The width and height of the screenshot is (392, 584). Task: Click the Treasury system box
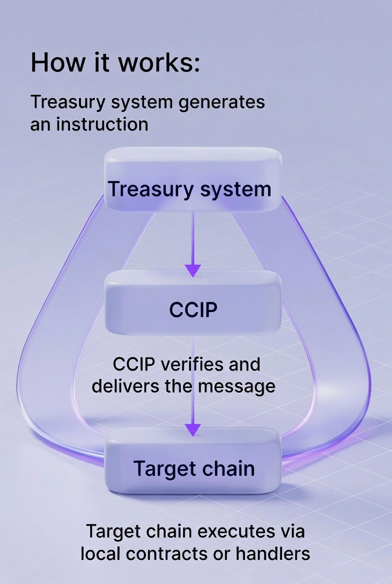point(192,180)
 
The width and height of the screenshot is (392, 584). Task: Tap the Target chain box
point(192,462)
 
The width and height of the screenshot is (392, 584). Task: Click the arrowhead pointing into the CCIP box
point(193,270)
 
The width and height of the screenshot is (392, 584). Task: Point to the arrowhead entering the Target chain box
point(193,428)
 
